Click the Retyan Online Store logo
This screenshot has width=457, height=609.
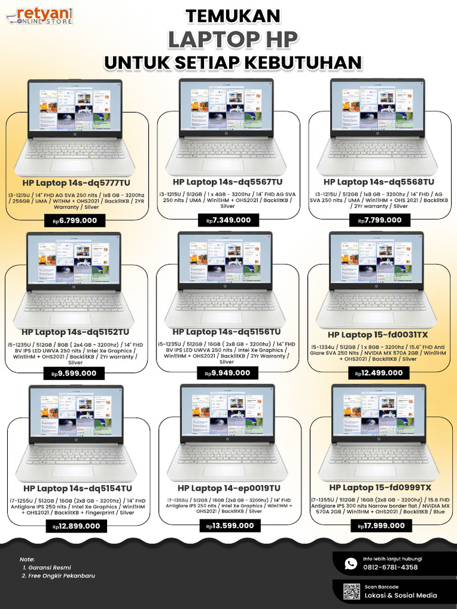[x=40, y=16]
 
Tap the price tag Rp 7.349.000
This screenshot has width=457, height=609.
[x=228, y=220]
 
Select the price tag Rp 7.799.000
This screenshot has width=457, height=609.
[x=379, y=220]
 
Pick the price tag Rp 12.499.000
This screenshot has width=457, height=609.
[x=379, y=373]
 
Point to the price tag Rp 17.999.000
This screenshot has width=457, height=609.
[x=381, y=526]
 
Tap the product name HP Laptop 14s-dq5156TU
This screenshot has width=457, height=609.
[x=227, y=331]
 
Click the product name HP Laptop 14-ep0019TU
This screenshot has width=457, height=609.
[x=228, y=488]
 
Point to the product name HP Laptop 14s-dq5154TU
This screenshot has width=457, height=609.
[x=76, y=488]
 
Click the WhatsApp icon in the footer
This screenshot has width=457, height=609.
[x=350, y=563]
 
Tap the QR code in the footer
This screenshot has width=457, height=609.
[x=351, y=591]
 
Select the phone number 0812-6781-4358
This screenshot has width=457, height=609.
[x=390, y=567]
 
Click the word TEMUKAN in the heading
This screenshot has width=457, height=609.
[x=232, y=15]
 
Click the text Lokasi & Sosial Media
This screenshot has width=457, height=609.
[x=400, y=595]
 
